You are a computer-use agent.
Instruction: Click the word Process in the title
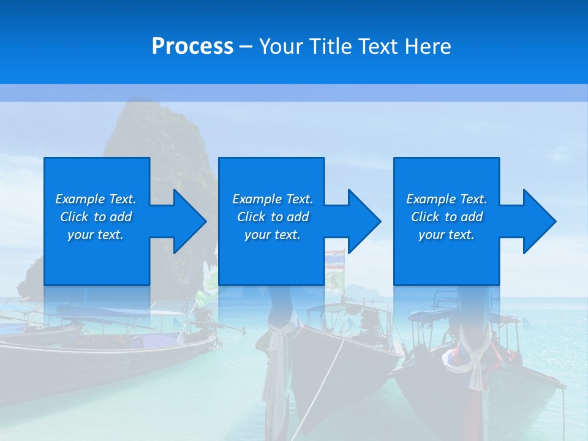(x=192, y=47)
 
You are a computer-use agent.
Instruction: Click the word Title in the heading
(x=330, y=47)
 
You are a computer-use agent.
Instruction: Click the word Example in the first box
(x=80, y=199)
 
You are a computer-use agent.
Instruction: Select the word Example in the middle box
(x=257, y=199)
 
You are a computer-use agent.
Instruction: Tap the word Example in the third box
(x=431, y=199)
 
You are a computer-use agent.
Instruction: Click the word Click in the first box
(x=73, y=217)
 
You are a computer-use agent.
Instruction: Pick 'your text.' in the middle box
(x=272, y=235)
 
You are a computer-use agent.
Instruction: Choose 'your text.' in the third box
(x=446, y=235)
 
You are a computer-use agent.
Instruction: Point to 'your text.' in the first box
(x=96, y=235)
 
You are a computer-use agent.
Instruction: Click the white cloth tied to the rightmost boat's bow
(x=475, y=361)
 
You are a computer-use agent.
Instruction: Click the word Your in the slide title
(x=281, y=47)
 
